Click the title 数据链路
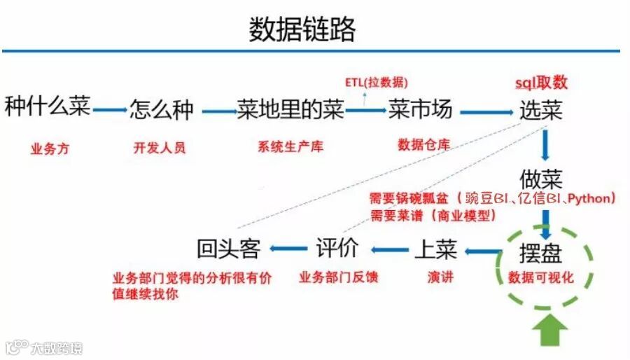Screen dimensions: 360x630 point(302,29)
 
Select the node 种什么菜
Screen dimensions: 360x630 point(48,108)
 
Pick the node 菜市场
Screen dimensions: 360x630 point(420,110)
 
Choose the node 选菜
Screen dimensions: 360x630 point(540,111)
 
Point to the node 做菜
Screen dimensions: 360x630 point(540,178)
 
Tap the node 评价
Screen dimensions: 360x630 point(337,248)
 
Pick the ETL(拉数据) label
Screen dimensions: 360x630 point(377,82)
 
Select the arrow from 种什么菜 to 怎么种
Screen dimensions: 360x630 point(108,109)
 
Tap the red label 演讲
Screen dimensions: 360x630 point(440,277)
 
